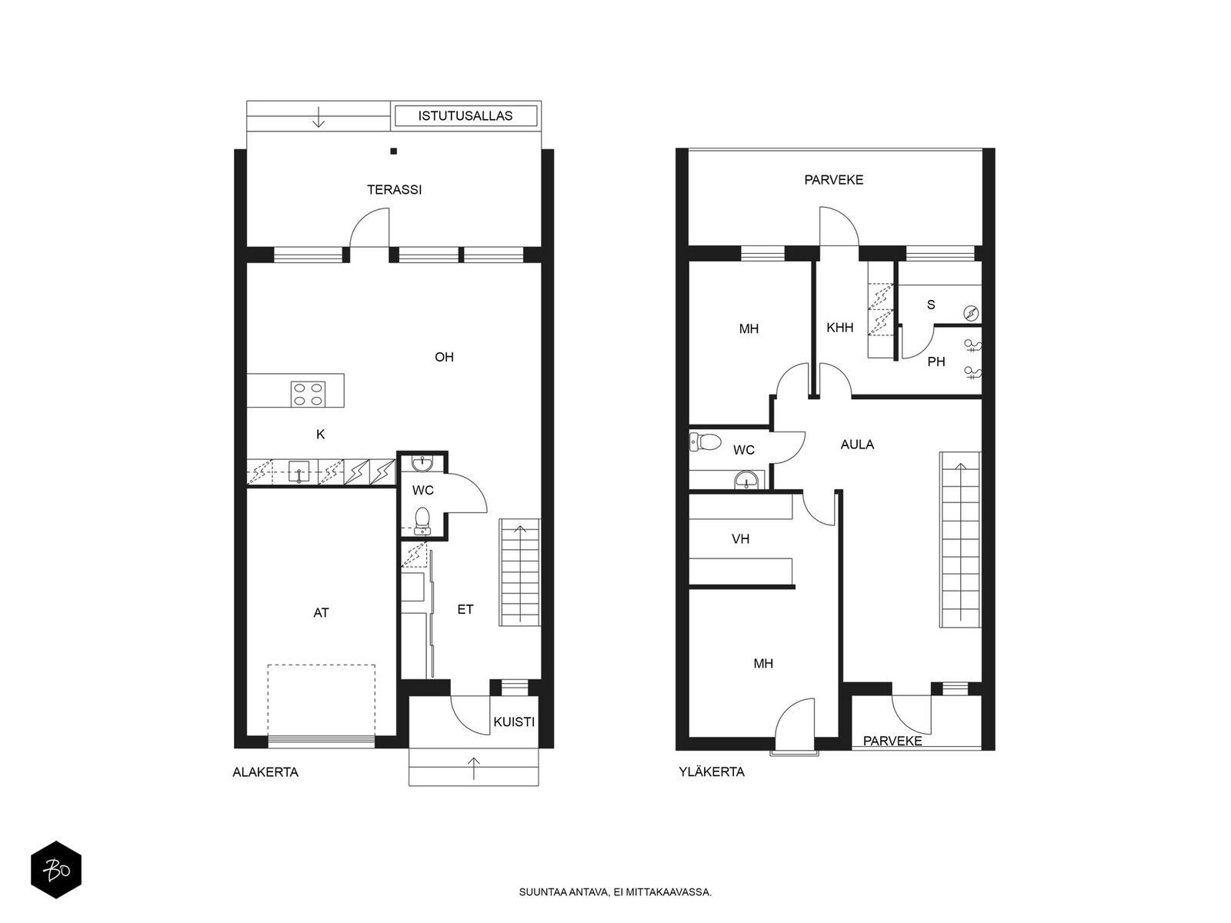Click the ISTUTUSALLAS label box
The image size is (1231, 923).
pyautogui.click(x=465, y=116)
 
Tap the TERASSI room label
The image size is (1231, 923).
pyautogui.click(x=394, y=189)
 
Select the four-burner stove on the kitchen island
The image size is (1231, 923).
pyautogui.click(x=308, y=394)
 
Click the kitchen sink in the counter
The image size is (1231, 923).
pyautogui.click(x=299, y=471)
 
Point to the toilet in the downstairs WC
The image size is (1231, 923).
pyautogui.click(x=422, y=519)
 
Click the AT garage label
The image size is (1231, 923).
pyautogui.click(x=321, y=613)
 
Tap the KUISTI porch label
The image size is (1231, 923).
pyautogui.click(x=513, y=722)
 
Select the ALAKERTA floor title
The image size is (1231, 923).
pyautogui.click(x=265, y=772)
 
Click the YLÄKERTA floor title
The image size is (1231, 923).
pyautogui.click(x=711, y=772)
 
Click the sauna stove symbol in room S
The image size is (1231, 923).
pyautogui.click(x=971, y=313)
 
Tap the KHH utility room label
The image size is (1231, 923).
pyautogui.click(x=839, y=328)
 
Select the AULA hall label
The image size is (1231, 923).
pyautogui.click(x=856, y=445)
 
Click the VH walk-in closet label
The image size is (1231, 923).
pyautogui.click(x=740, y=539)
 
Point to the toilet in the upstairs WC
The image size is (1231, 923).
pyautogui.click(x=706, y=442)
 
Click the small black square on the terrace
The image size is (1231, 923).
pyautogui.click(x=393, y=152)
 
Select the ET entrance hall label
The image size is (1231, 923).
pyautogui.click(x=465, y=609)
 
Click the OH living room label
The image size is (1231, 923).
pyautogui.click(x=444, y=357)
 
